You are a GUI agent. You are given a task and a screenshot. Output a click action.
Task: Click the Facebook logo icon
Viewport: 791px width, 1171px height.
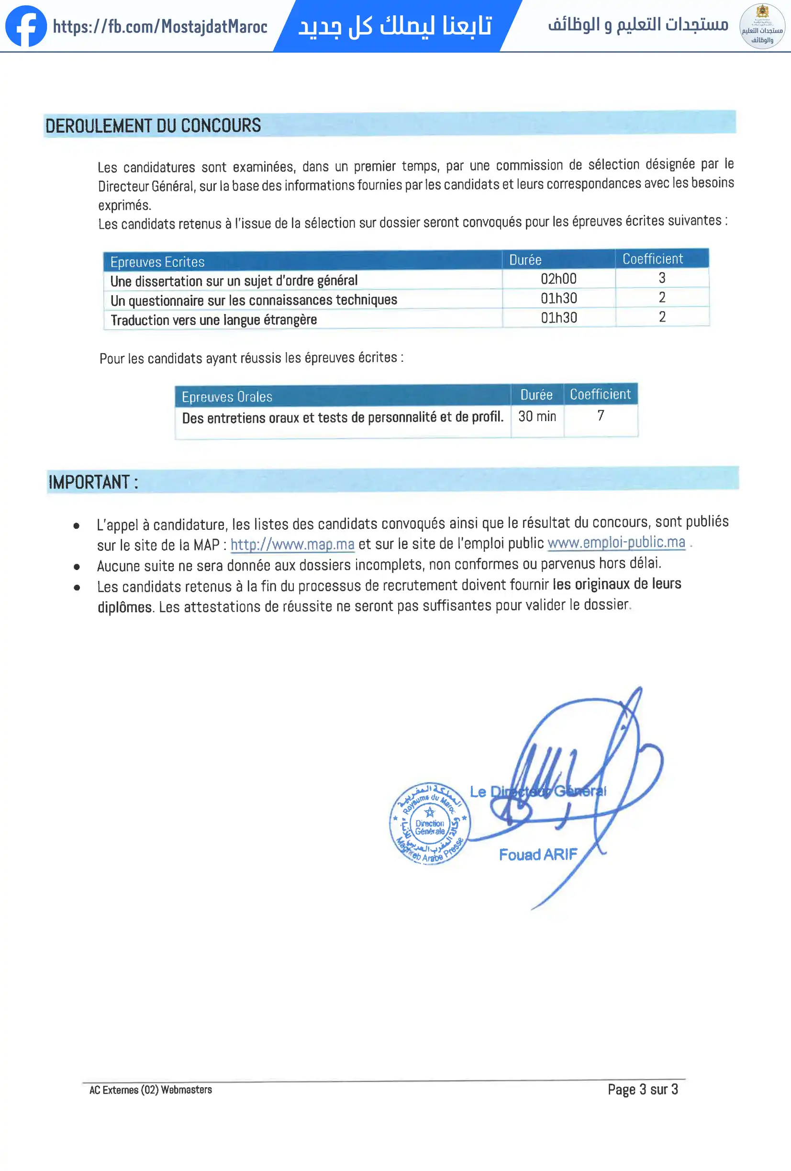point(26,26)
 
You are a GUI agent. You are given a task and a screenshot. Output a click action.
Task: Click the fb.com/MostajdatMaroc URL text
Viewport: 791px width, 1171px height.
point(160,27)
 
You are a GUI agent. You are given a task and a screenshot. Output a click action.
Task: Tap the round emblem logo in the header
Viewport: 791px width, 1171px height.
point(762,26)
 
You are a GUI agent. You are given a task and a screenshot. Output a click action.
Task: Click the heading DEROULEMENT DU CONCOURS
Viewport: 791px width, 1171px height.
point(153,125)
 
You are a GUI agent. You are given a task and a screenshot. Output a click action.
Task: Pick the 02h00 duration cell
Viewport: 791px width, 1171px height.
point(558,279)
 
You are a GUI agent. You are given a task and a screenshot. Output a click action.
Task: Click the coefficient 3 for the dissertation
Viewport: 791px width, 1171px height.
point(662,278)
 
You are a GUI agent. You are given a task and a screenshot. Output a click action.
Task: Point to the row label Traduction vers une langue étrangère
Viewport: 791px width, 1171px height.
point(213,320)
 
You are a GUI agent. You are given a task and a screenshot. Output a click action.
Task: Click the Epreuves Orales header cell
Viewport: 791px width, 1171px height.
point(227,397)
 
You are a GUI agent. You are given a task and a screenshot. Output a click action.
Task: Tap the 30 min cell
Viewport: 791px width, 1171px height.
point(537,416)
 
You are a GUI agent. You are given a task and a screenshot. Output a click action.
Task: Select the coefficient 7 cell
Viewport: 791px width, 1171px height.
point(601,416)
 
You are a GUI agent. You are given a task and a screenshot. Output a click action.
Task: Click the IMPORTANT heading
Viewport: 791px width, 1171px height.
point(93,482)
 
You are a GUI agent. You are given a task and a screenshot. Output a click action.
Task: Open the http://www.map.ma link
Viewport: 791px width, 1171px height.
point(292,545)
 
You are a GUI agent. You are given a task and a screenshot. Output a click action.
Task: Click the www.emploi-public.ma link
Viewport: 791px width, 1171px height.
point(616,543)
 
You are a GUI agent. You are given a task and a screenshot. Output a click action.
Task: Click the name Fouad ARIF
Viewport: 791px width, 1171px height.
point(538,855)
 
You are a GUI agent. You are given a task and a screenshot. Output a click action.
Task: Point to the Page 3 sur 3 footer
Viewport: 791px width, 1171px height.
point(642,1089)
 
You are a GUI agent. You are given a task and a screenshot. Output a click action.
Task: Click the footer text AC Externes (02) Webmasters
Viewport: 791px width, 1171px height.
point(151,1090)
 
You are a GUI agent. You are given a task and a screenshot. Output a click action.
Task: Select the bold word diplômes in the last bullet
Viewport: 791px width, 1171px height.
point(124,607)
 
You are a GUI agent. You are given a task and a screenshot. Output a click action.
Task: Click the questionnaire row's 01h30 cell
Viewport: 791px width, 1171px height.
point(559,298)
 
